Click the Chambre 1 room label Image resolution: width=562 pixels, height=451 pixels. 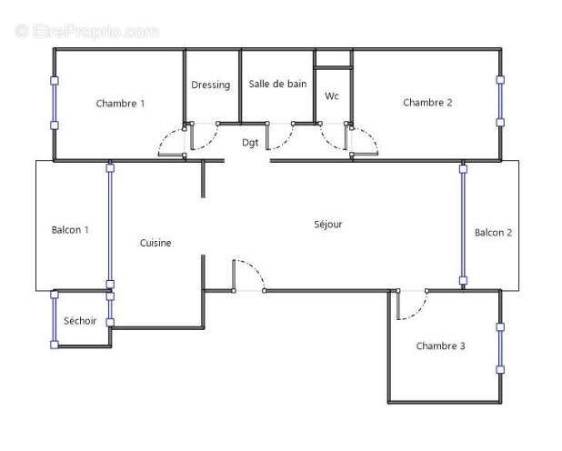coord(120,104)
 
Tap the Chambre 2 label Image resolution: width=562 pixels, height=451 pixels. coord(427,103)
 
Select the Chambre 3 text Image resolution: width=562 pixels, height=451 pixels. coord(441,346)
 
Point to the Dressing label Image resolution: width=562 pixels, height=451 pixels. coord(211,85)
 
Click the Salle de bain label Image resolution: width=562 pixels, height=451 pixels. coord(277,85)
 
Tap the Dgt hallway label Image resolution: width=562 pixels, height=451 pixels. coord(249,143)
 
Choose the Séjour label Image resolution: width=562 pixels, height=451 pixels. coord(328,224)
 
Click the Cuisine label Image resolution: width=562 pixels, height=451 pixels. coord(156,243)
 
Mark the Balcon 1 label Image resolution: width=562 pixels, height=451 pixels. coord(70,230)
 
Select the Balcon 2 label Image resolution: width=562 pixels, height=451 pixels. coord(493,233)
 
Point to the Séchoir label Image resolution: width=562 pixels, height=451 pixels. coord(80,320)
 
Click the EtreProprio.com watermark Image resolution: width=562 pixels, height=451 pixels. coord(86,31)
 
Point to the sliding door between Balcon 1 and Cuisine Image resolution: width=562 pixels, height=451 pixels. coord(110,227)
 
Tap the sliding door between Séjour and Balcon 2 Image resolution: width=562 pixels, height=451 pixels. coord(462,225)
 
